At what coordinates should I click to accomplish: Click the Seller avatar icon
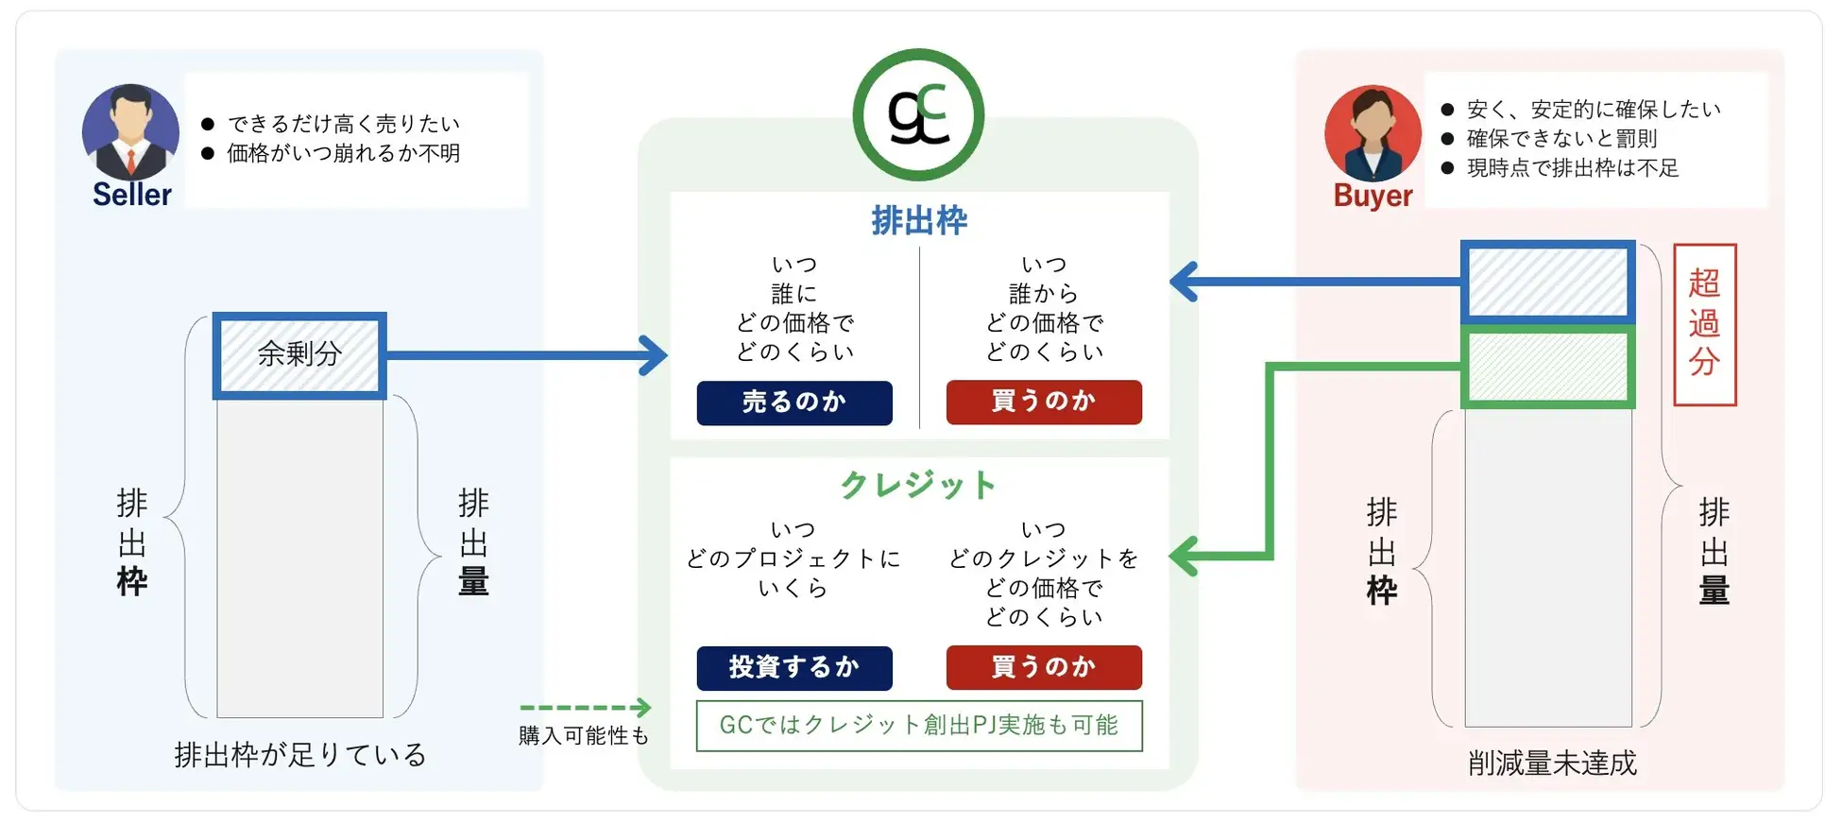point(130,131)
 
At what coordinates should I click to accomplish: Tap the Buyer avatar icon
point(1372,133)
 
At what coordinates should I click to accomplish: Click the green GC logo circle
point(918,114)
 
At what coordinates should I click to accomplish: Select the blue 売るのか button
point(793,403)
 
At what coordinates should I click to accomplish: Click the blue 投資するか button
point(793,668)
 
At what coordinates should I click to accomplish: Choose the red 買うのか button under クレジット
point(1043,668)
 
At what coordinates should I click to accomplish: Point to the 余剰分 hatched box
point(299,355)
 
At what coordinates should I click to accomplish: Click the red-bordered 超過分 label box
point(1704,324)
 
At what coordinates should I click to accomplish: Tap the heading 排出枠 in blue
point(918,221)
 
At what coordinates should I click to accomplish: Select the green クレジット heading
point(918,486)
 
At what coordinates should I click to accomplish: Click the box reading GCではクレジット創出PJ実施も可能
point(918,726)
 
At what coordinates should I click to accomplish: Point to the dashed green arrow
point(585,707)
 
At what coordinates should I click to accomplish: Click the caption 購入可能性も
point(584,735)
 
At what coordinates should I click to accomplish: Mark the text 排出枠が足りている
point(300,755)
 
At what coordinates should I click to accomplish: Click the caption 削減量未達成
point(1551,763)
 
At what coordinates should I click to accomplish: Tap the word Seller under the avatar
point(131,195)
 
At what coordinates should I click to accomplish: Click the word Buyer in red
point(1372,196)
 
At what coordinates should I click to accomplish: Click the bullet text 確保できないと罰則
point(1561,139)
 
